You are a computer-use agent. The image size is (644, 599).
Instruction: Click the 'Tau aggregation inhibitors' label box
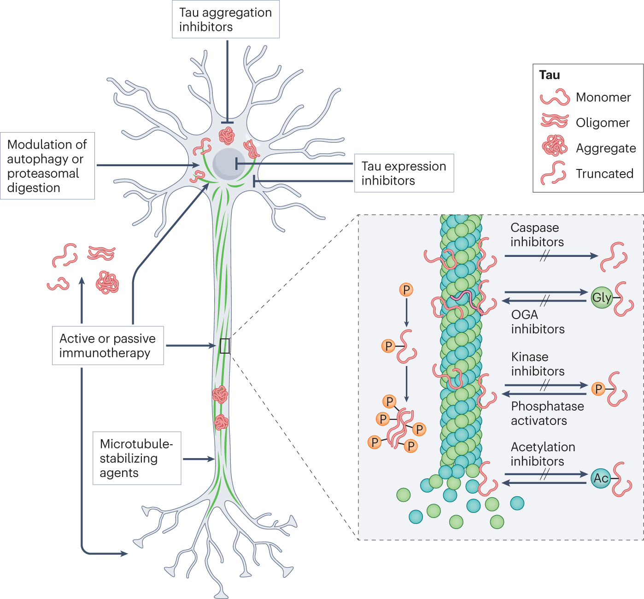click(x=225, y=19)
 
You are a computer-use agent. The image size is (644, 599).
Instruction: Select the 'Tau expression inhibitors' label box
click(x=404, y=173)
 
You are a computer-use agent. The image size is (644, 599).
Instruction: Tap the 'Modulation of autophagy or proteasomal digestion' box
click(x=47, y=166)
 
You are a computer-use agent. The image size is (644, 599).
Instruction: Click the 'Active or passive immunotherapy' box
click(x=107, y=346)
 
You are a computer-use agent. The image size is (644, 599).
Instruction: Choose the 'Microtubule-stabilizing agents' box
click(x=136, y=458)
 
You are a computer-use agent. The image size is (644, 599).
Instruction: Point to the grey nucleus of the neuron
click(x=228, y=163)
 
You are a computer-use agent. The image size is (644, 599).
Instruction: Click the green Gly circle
click(x=601, y=297)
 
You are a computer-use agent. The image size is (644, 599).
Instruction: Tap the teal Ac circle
click(x=601, y=478)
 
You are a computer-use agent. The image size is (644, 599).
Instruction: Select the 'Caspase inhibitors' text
click(x=537, y=235)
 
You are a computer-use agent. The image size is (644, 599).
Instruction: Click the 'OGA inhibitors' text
click(x=538, y=322)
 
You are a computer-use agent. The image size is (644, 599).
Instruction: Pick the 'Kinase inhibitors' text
click(x=537, y=364)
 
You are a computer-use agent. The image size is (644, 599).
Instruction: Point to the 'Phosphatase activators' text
click(x=547, y=413)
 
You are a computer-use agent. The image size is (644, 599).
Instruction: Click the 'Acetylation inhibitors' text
click(x=543, y=454)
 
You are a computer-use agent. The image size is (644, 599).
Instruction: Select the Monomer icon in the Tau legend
click(x=555, y=97)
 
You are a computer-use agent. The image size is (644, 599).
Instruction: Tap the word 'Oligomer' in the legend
click(x=603, y=122)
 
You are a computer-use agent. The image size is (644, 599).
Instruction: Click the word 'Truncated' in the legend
click(x=604, y=174)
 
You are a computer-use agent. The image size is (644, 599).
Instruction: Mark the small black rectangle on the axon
click(x=224, y=346)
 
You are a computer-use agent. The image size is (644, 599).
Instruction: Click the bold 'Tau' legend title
click(x=550, y=75)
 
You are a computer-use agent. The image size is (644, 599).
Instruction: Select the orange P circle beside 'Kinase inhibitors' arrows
click(x=598, y=389)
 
